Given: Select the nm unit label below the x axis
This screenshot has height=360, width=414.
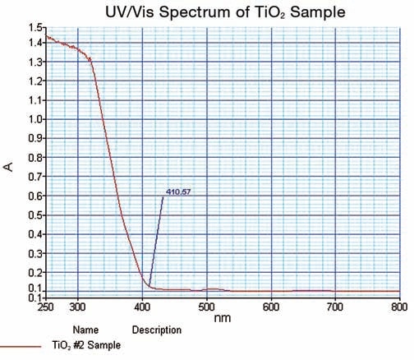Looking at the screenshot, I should (221, 315).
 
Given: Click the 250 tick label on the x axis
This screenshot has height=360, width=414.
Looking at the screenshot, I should (46, 307).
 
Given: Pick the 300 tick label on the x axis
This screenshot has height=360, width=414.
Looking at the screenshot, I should (78, 307).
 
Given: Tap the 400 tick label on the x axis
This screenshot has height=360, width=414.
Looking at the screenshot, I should (142, 307).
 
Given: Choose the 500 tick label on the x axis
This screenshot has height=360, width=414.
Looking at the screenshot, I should (206, 307).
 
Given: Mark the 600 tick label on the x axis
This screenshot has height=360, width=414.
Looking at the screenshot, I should (270, 307).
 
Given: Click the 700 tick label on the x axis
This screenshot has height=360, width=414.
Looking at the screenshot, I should (334, 307).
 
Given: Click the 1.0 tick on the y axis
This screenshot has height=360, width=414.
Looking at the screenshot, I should (34, 118).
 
